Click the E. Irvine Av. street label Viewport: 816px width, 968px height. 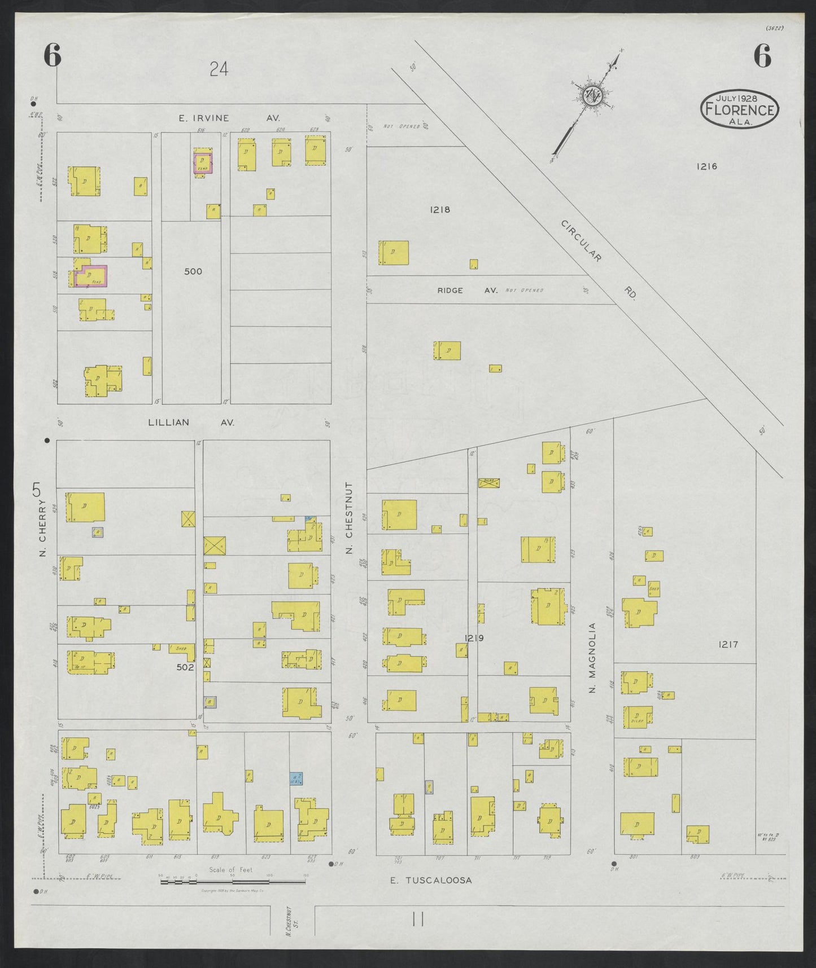(x=229, y=118)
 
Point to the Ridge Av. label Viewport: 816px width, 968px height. (x=466, y=290)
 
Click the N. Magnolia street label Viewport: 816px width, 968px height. (x=592, y=658)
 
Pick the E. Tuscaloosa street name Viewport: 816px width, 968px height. (x=431, y=880)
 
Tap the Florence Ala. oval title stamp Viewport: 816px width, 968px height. (x=739, y=109)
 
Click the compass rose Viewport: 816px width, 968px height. (x=593, y=95)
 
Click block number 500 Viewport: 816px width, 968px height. (x=193, y=271)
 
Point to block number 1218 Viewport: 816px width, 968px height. (x=439, y=209)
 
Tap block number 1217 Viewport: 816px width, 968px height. (x=728, y=644)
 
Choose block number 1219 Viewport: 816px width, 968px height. (x=474, y=638)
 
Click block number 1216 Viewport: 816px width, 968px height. (x=706, y=166)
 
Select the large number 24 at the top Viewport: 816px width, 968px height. (x=219, y=69)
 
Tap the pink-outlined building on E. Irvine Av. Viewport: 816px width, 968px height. (x=203, y=162)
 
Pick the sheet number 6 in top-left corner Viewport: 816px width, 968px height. (x=52, y=56)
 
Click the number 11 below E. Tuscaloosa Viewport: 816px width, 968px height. (x=418, y=919)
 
